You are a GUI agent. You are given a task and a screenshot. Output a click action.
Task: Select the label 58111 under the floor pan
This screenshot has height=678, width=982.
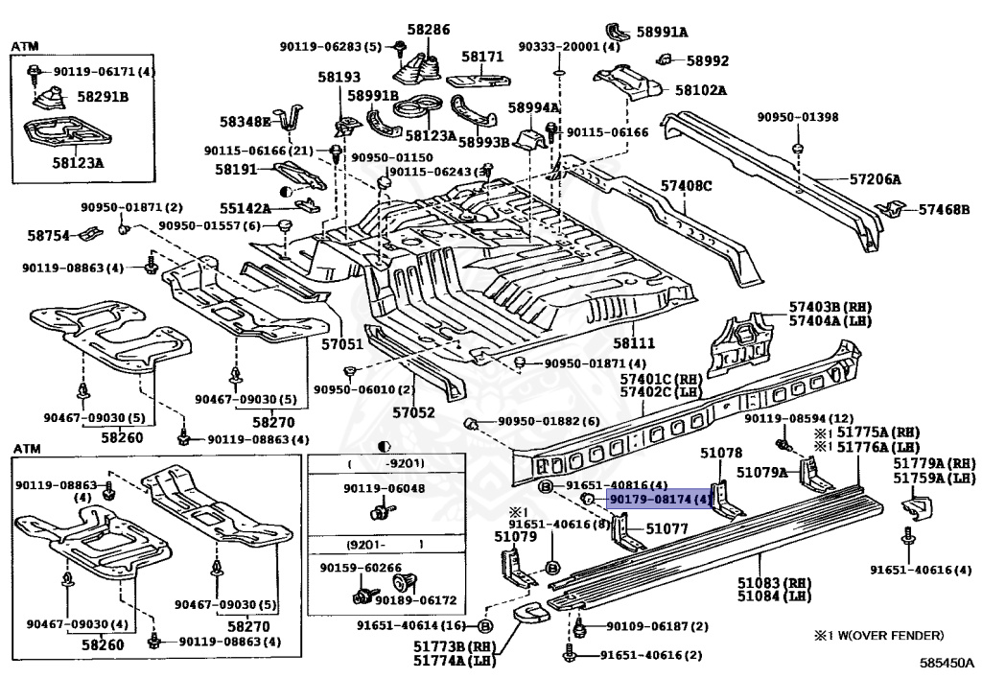click(x=634, y=342)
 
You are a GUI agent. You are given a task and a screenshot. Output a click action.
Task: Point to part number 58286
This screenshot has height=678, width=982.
click(x=429, y=30)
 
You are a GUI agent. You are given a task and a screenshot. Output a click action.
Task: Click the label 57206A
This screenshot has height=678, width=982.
click(x=875, y=179)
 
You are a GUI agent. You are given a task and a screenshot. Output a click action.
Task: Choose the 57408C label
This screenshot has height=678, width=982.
click(x=687, y=186)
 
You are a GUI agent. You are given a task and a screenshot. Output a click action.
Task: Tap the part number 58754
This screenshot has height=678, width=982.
click(x=48, y=235)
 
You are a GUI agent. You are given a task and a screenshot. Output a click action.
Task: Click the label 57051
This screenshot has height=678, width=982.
click(x=342, y=343)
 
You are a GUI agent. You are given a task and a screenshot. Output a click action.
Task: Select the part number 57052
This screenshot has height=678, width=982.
click(x=414, y=412)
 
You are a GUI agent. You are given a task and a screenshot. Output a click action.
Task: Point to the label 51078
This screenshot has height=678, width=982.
click(x=721, y=452)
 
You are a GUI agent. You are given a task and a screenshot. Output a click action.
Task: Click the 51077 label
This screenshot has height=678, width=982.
click(x=667, y=529)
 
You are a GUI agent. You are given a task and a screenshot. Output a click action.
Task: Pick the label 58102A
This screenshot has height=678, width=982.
click(x=701, y=90)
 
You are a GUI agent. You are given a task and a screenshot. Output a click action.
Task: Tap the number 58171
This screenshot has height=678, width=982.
click(x=483, y=57)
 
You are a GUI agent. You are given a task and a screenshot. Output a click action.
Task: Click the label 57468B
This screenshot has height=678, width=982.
click(x=945, y=209)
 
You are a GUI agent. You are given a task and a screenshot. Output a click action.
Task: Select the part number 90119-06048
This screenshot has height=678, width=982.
click(x=384, y=488)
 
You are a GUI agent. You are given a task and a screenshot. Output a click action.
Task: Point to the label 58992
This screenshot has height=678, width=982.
click(x=708, y=60)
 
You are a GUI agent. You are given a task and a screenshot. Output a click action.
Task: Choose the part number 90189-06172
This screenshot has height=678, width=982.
click(x=416, y=600)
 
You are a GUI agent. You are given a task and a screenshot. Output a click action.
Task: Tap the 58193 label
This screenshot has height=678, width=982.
click(x=339, y=77)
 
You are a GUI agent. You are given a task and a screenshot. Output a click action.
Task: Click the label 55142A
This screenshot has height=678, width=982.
click(x=245, y=208)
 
